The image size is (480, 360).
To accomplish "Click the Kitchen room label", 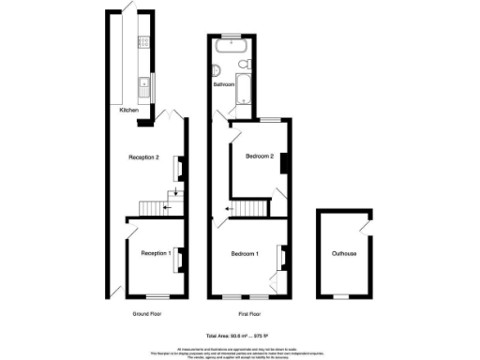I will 129,111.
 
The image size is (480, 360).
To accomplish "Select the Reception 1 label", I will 155,253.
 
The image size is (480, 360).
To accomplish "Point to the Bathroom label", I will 224,84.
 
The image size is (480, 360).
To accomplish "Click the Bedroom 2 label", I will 259,157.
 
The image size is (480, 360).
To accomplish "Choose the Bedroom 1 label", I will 246,253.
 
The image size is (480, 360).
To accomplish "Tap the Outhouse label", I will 343,253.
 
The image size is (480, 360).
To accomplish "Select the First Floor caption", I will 248,312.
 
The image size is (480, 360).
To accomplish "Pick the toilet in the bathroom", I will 242,63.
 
